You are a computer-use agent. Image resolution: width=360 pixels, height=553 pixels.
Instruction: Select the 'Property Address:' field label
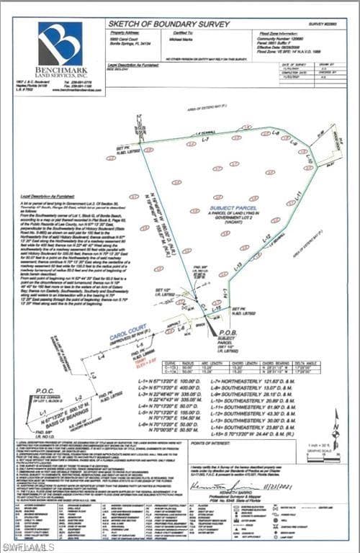point(123,32)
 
